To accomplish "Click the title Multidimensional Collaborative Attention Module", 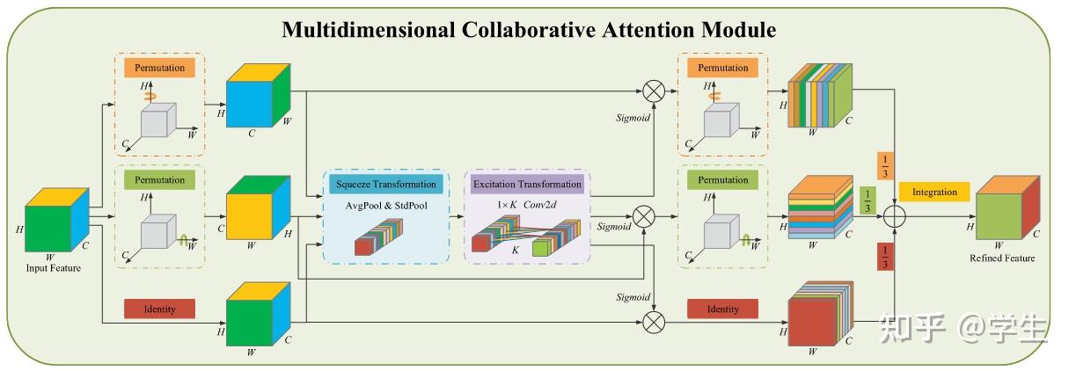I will pyautogui.click(x=529, y=30).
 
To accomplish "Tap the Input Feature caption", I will pyautogui.click(x=54, y=268).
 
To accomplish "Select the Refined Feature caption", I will pyautogui.click(x=1002, y=258).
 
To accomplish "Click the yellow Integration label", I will pyautogui.click(x=933, y=192).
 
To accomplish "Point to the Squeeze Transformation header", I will pyautogui.click(x=385, y=185).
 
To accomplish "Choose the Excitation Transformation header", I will pyautogui.click(x=527, y=185).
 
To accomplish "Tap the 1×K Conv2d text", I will pyautogui.click(x=525, y=206).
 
